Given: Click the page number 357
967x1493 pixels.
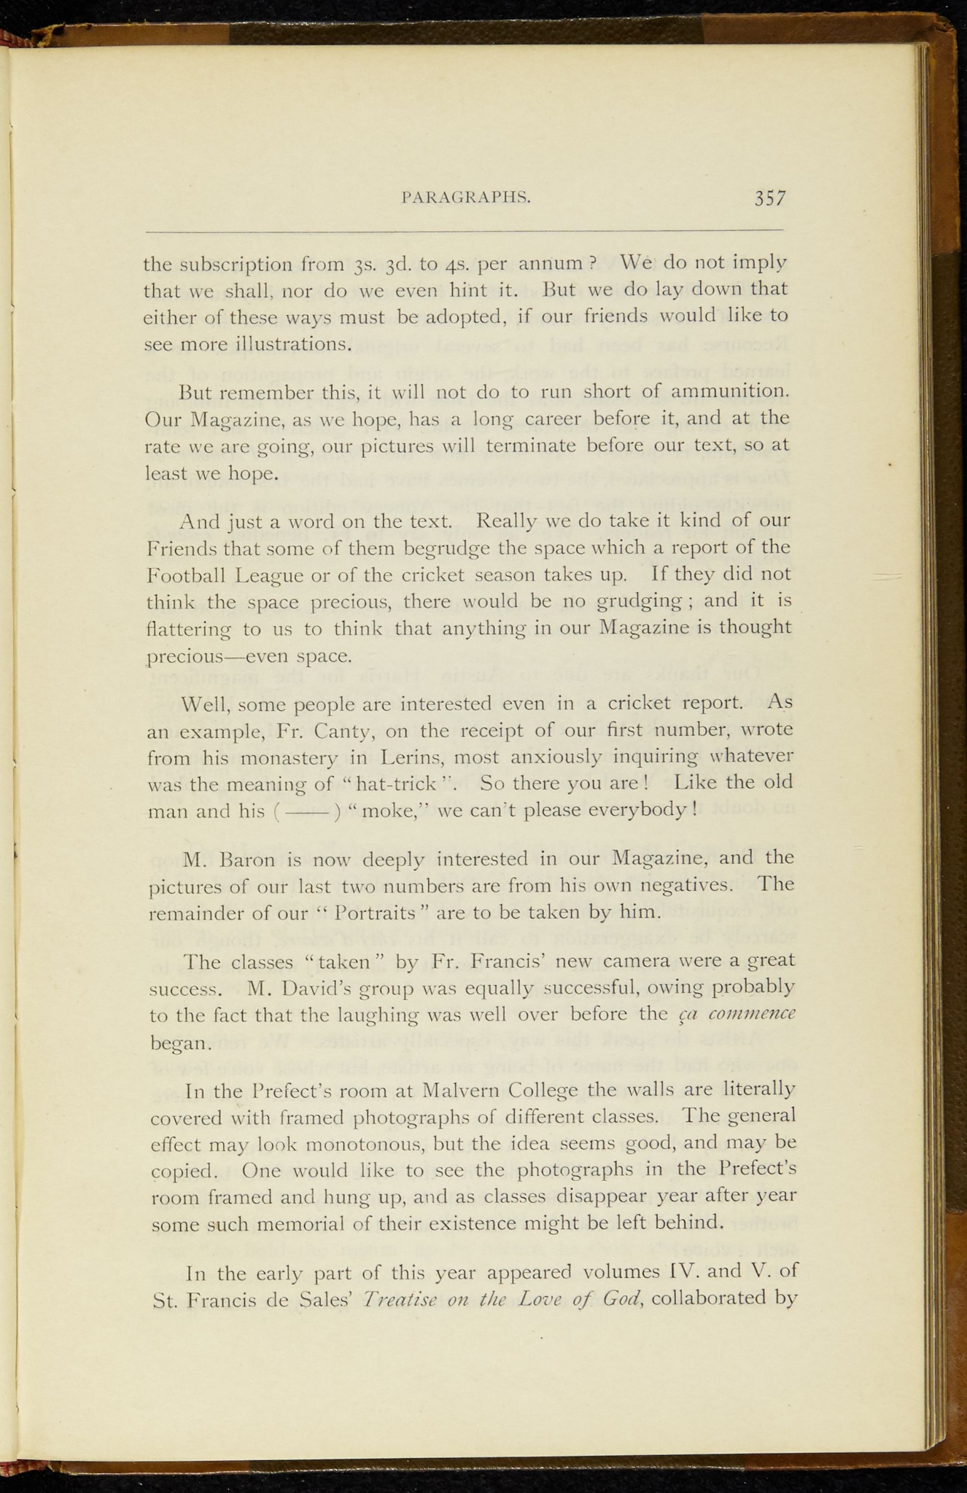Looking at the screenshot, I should coord(769,198).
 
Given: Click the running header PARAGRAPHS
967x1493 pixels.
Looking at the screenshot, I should coord(466,197).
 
